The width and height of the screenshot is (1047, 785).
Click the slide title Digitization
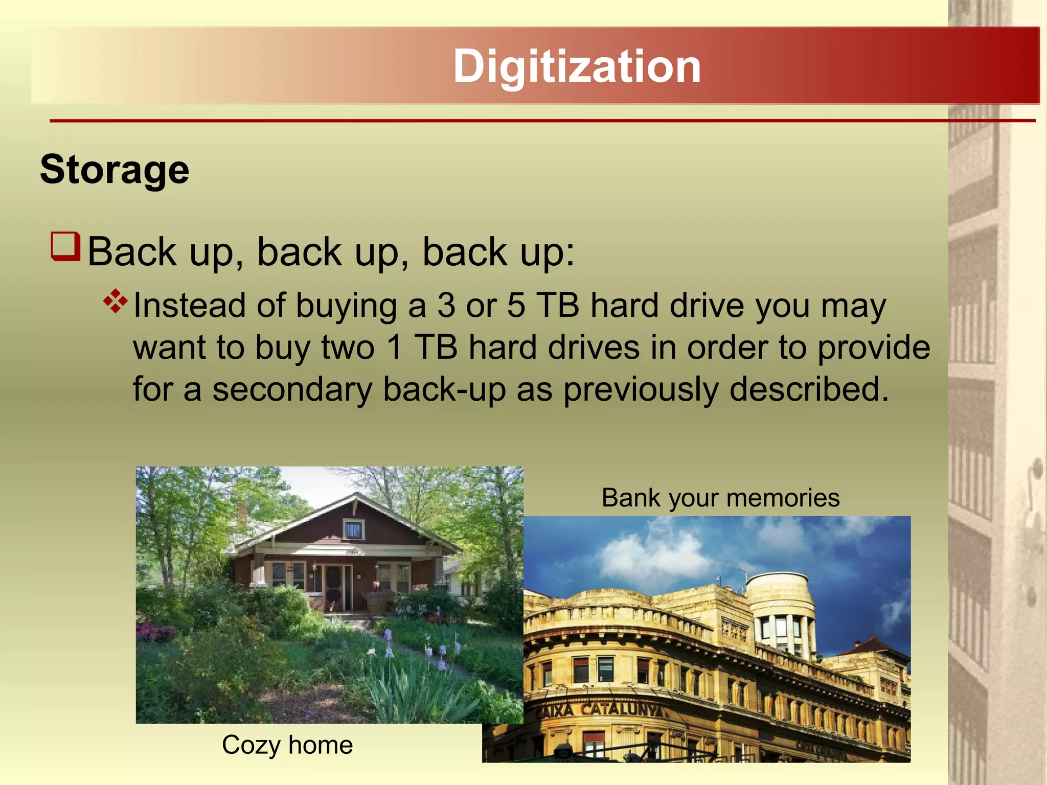click(x=577, y=66)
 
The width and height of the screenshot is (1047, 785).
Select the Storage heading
click(x=115, y=170)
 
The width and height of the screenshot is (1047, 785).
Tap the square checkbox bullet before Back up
click(x=65, y=246)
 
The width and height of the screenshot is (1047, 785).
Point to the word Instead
click(x=189, y=306)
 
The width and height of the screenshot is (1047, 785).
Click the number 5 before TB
click(x=516, y=306)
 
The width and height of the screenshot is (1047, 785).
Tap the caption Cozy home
click(x=287, y=745)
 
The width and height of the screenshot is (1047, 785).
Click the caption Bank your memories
click(x=720, y=497)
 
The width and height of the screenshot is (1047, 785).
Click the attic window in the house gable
click(x=353, y=530)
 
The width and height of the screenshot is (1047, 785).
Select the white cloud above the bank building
click(x=649, y=555)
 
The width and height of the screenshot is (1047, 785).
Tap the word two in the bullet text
click(x=348, y=348)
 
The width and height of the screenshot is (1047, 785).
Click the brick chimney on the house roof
click(x=242, y=510)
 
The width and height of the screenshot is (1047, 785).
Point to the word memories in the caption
click(x=782, y=497)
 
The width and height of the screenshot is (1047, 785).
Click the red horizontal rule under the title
click(x=542, y=121)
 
